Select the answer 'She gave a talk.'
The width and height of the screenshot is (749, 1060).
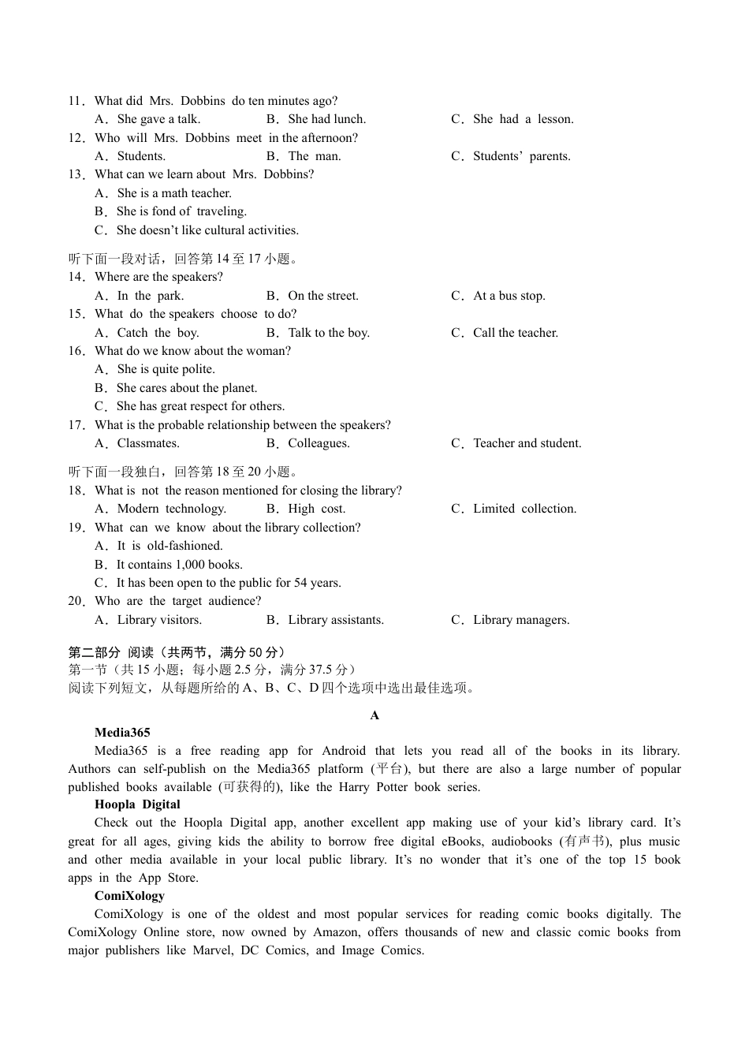[x=158, y=119]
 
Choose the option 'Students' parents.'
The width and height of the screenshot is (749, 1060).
[x=521, y=156]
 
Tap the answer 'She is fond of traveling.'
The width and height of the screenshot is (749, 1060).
[x=181, y=211]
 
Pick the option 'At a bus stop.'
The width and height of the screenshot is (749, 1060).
[x=509, y=296]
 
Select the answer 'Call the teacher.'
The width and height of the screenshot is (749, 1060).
[x=515, y=333]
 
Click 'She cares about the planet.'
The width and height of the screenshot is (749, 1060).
[x=186, y=388]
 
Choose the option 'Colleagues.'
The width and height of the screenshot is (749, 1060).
[x=319, y=443]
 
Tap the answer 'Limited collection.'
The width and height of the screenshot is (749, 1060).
[x=524, y=509]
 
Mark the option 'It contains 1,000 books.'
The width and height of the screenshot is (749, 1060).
[x=179, y=565]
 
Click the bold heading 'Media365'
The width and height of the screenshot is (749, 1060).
[x=122, y=733]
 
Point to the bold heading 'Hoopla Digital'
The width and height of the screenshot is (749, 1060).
[x=137, y=804]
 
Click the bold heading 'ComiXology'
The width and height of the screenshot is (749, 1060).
[x=129, y=896]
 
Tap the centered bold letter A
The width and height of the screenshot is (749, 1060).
[x=374, y=715]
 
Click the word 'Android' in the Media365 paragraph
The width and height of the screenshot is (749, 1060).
[x=344, y=751]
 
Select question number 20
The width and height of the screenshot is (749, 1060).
[x=76, y=601]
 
